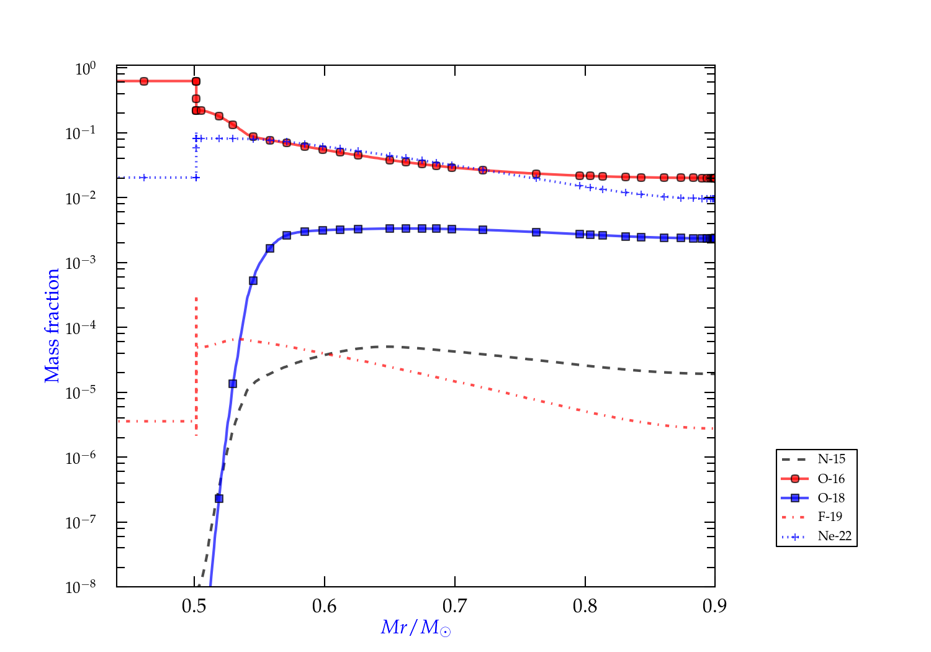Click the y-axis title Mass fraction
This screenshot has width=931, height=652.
pyautogui.click(x=52, y=325)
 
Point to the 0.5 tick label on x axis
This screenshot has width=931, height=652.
pyautogui.click(x=194, y=606)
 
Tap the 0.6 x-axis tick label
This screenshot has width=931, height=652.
pyautogui.click(x=325, y=606)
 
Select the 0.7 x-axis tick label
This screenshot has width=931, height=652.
pyautogui.click(x=455, y=606)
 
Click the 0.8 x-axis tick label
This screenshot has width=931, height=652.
pyautogui.click(x=585, y=606)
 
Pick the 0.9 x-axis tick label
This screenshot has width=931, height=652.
pyautogui.click(x=715, y=606)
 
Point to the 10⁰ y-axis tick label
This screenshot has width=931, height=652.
pyautogui.click(x=85, y=68)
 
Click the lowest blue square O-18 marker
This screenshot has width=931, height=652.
pyautogui.click(x=218, y=499)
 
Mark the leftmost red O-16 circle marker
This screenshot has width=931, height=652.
pyautogui.click(x=144, y=81)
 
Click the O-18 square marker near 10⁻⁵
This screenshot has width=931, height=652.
pyautogui.click(x=233, y=384)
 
